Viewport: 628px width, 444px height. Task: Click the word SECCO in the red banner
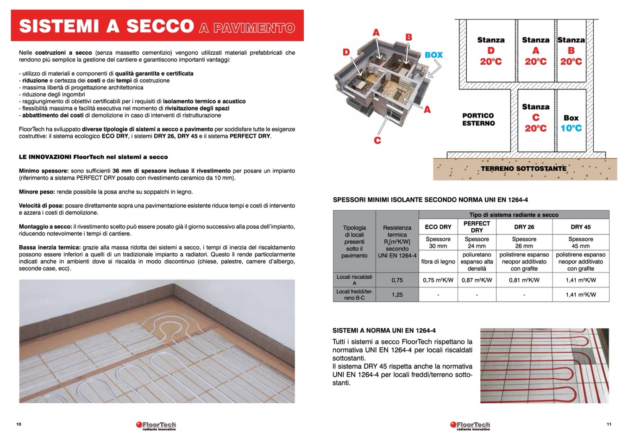click(x=159, y=26)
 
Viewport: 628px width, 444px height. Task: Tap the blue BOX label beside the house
click(x=433, y=55)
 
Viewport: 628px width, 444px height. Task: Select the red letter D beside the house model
click(x=346, y=52)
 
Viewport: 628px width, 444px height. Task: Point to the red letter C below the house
click(x=377, y=140)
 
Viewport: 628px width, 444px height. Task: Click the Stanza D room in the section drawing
click(x=490, y=50)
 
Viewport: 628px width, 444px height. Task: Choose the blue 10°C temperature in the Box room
click(x=571, y=128)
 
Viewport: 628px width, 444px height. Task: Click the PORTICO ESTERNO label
click(x=478, y=119)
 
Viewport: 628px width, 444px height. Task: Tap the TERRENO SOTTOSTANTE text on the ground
click(x=523, y=169)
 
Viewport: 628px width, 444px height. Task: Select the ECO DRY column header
click(x=438, y=227)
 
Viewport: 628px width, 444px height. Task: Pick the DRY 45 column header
click(x=580, y=227)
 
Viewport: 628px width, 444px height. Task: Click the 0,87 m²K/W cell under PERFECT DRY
click(x=477, y=280)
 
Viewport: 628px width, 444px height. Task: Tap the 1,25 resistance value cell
click(x=397, y=294)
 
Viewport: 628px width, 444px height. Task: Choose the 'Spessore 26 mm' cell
click(x=524, y=243)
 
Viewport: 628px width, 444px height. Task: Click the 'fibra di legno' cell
click(x=438, y=262)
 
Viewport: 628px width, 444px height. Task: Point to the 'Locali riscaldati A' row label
click(x=354, y=280)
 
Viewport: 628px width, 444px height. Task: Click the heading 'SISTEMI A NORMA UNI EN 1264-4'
click(x=384, y=331)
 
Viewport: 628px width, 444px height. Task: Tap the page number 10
click(x=19, y=424)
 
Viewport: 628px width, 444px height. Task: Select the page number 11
click(x=609, y=424)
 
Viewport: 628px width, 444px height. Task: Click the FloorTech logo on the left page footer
click(x=156, y=425)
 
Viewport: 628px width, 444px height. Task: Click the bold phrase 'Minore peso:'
click(x=37, y=192)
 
